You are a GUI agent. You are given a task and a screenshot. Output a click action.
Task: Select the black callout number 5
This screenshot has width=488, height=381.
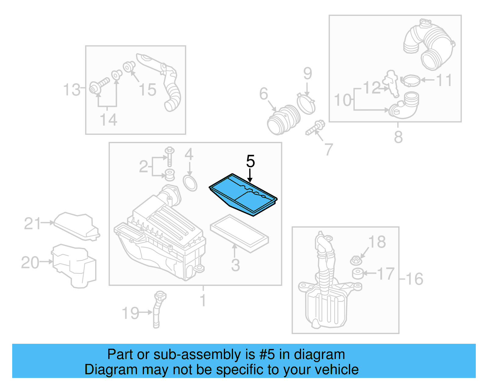click(x=250, y=161)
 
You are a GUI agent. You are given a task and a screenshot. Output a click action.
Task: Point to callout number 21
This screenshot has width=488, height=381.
click(x=32, y=224)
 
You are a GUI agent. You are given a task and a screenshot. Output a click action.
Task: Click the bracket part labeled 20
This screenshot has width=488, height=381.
click(x=74, y=265)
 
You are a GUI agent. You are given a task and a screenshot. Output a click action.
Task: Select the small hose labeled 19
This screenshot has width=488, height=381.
click(x=157, y=310)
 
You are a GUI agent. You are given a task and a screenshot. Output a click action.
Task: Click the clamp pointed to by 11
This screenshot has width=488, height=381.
click(x=411, y=81)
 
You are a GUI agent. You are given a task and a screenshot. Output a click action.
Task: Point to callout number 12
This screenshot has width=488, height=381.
click(x=371, y=88)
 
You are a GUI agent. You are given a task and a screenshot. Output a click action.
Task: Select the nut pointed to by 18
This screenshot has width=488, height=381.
click(x=356, y=261)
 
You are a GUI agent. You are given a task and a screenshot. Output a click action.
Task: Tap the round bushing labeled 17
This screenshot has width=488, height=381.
click(x=357, y=273)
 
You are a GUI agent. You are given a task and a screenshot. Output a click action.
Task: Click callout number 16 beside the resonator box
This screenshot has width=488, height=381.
click(x=414, y=279)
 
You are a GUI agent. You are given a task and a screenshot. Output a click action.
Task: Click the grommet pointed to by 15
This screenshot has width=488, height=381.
click(x=129, y=66)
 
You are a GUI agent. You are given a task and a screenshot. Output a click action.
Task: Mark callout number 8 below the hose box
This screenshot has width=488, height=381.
click(x=398, y=137)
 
